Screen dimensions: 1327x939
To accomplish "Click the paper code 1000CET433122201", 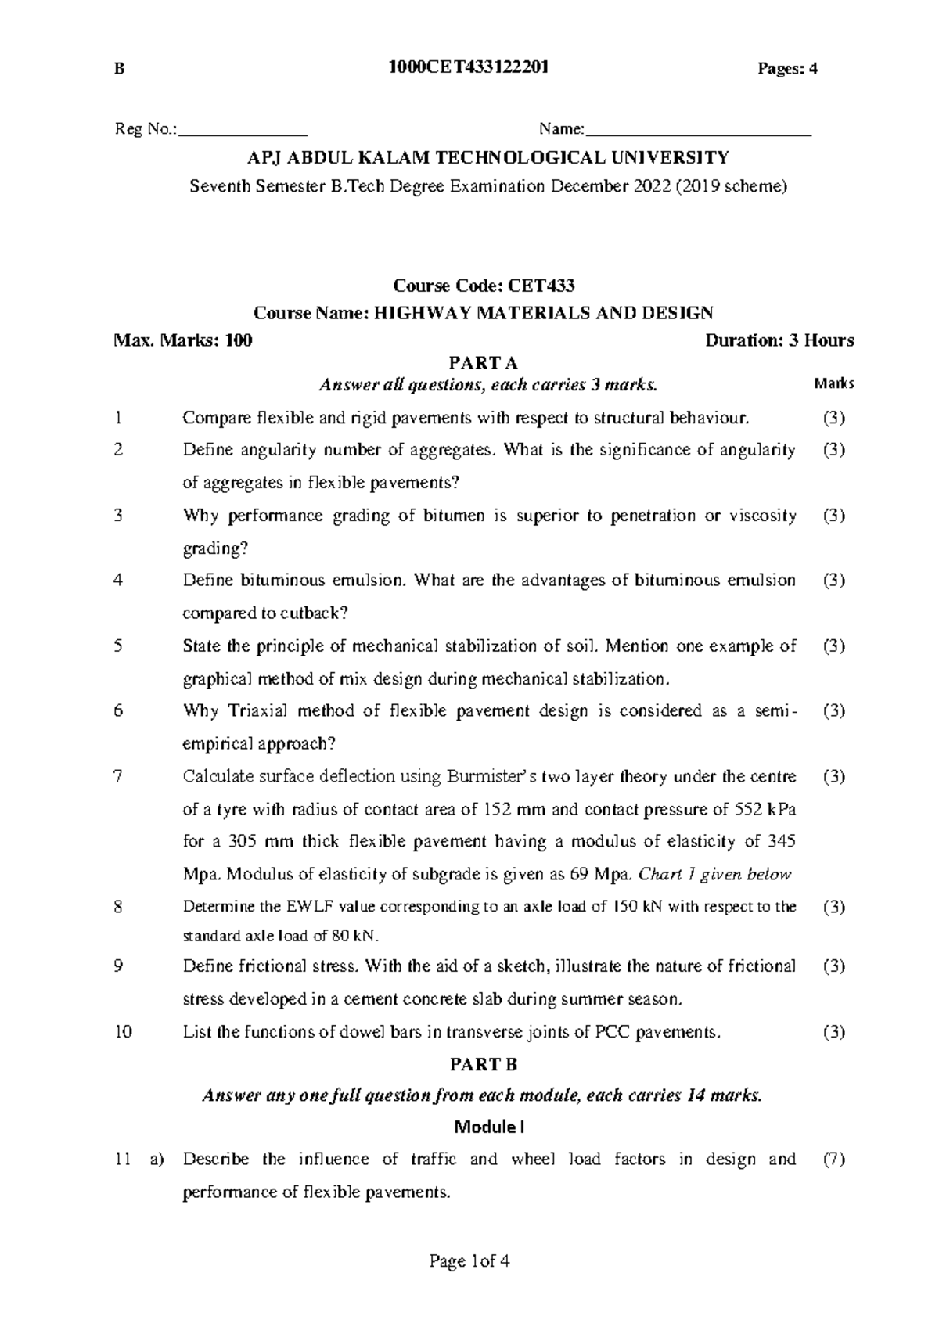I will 469,68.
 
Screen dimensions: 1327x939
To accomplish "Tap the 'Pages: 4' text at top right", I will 786,69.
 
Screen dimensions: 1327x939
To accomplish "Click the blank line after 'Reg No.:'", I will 243,130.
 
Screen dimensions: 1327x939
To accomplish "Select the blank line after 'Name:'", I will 698,130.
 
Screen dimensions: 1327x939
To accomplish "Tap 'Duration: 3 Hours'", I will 779,340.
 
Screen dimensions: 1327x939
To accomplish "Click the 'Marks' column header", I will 833,384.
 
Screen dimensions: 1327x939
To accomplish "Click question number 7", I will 118,777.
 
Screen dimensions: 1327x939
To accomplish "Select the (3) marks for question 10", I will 834,1032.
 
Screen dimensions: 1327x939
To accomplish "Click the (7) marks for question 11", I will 834,1160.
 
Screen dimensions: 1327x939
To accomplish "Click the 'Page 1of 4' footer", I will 469,1261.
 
